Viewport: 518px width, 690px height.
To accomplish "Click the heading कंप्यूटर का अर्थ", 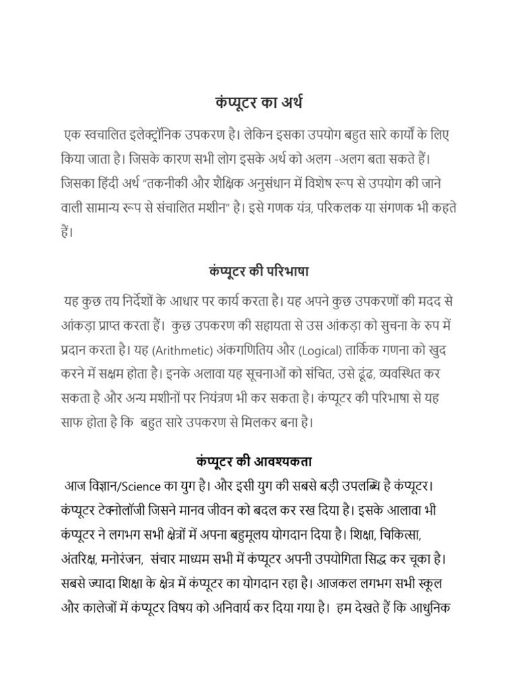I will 259,103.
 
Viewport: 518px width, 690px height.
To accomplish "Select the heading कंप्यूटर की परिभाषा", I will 259,272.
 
